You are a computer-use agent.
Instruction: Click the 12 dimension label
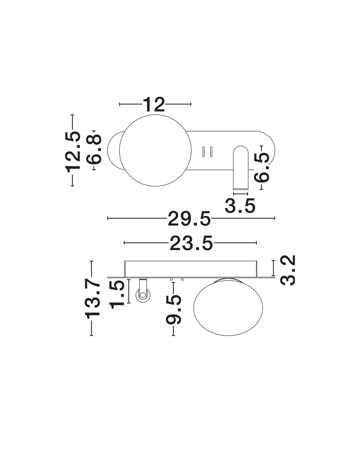point(154,105)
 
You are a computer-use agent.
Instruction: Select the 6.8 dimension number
point(94,149)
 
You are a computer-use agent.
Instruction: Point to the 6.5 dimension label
point(262,167)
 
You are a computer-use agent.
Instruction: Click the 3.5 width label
point(240,205)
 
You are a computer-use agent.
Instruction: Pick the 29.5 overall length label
point(189,218)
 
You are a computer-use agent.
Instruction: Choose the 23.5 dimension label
point(191,243)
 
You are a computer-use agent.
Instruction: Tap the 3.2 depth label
point(288,270)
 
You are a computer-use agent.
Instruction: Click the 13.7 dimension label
point(93,300)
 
